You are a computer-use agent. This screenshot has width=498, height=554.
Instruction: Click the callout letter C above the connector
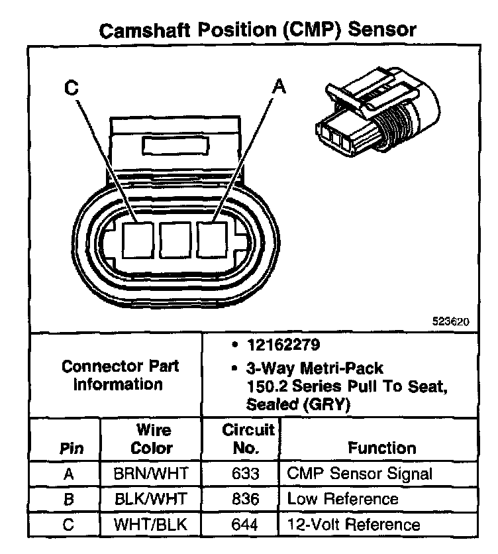(72, 87)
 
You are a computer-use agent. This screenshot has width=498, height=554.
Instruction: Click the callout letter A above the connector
(279, 86)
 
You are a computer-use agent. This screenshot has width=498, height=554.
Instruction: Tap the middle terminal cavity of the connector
(175, 240)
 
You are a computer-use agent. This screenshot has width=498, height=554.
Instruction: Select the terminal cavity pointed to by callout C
(138, 240)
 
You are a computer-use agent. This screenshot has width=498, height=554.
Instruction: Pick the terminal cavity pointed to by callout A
(212, 240)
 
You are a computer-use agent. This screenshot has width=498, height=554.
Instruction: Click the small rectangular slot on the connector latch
(175, 146)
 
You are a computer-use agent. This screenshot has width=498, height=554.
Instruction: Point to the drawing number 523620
(451, 321)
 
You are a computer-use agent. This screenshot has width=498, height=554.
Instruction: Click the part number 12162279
(283, 345)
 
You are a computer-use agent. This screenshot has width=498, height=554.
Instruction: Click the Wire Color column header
(152, 439)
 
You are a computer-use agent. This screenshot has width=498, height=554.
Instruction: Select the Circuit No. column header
(248, 439)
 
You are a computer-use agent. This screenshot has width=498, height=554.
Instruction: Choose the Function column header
(382, 448)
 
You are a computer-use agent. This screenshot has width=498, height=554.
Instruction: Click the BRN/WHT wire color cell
(151, 473)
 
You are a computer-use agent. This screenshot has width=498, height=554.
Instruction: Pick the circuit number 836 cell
(245, 499)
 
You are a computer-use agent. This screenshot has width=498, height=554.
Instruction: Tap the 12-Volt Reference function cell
(354, 524)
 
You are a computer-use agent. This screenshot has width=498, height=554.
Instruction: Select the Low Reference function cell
(342, 499)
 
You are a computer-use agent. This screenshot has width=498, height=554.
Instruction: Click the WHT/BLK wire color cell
(150, 524)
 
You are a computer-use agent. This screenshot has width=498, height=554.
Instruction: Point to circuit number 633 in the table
(245, 473)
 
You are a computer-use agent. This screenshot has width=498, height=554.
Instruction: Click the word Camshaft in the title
(144, 30)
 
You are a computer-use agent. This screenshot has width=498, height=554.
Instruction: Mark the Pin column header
(72, 449)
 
